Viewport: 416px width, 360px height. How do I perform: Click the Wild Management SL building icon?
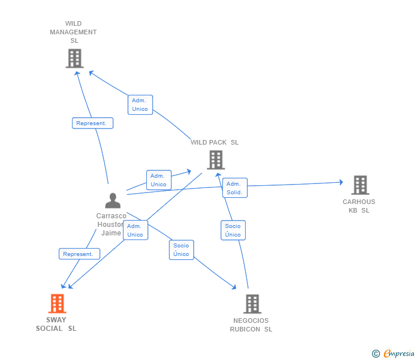coord(74,58)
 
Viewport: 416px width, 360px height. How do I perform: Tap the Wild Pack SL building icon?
coord(215,160)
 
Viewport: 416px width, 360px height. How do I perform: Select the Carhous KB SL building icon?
coord(360,185)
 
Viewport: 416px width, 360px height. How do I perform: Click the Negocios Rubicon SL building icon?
coord(251,304)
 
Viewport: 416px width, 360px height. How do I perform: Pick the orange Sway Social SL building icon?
coord(57,303)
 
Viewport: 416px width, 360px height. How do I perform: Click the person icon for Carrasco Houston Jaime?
coord(113,201)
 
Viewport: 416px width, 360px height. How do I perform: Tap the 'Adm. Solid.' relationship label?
coord(234,188)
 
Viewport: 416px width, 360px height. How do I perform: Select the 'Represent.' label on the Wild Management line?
coord(93,123)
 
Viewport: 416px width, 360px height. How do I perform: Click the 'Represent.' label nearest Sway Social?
coord(79,254)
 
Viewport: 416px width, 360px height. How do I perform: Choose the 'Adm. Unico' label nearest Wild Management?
coord(140,105)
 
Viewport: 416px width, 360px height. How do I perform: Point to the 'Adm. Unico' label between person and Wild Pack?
coord(158,180)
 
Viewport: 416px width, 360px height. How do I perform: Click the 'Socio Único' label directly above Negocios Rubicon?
coord(233,230)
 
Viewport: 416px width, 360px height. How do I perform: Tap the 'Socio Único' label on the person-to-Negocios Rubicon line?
coord(181,250)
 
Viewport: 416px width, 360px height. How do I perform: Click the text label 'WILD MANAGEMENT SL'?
coord(73,32)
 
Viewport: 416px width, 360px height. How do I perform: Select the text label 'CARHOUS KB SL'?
coord(359,206)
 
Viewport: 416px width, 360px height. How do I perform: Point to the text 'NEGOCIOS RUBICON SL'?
coord(251,325)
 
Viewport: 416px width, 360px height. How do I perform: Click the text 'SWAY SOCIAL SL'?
coord(56,324)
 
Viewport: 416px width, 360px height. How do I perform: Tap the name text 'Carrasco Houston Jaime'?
coord(111,224)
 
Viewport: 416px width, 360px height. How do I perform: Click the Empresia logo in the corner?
coord(394,354)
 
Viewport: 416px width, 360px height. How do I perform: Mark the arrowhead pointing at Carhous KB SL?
coord(341,182)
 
